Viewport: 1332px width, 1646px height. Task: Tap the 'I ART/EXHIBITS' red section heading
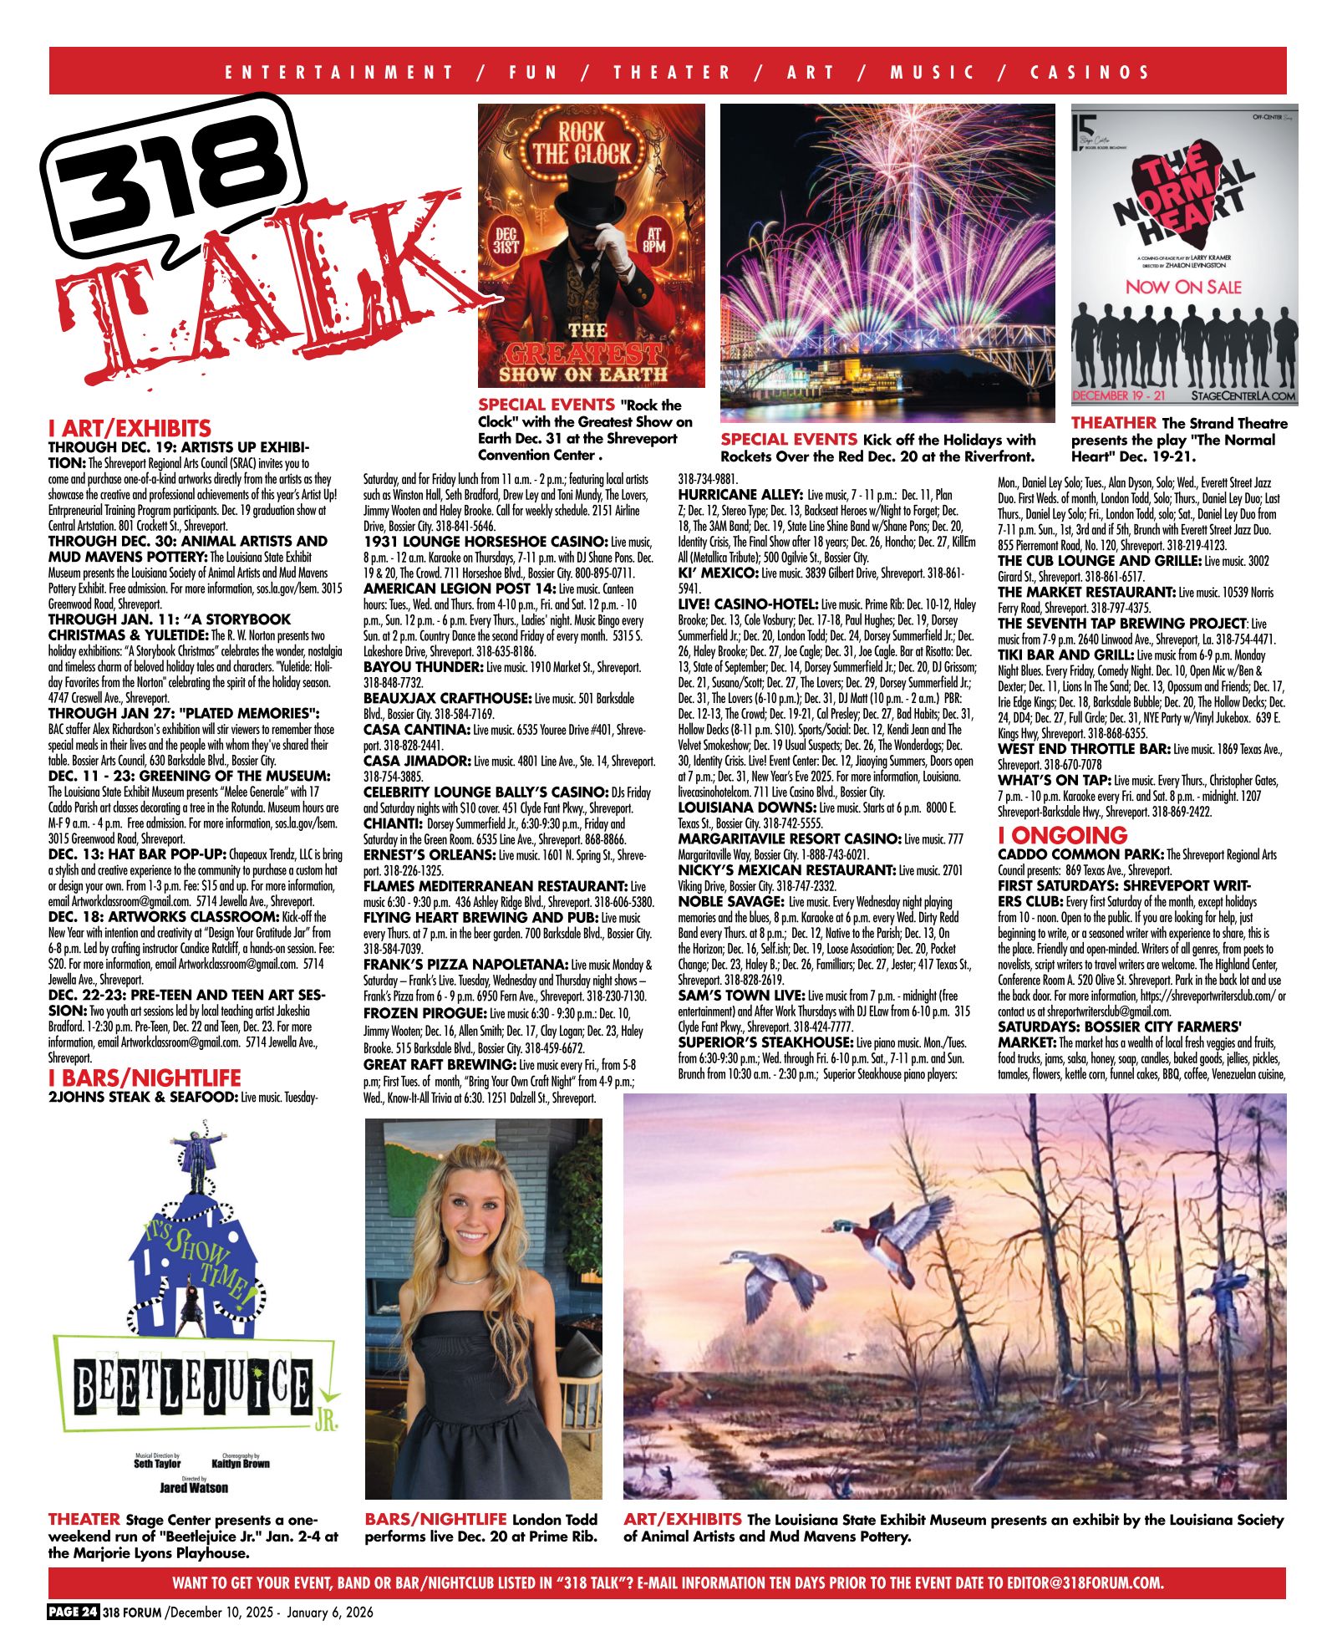point(130,429)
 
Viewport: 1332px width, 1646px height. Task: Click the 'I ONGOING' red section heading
point(1062,835)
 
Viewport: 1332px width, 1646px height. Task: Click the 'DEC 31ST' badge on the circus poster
point(506,238)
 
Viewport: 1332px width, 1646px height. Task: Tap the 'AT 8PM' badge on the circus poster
point(654,238)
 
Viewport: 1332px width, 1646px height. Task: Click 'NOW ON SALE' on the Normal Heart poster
point(1182,287)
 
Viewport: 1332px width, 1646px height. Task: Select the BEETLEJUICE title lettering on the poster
point(192,1389)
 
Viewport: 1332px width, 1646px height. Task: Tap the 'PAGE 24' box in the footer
point(74,1613)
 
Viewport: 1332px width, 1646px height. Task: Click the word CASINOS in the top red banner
point(1091,72)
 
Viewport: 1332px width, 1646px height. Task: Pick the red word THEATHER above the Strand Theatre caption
point(1113,423)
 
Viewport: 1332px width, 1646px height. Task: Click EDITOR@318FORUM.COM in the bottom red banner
point(1085,1582)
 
